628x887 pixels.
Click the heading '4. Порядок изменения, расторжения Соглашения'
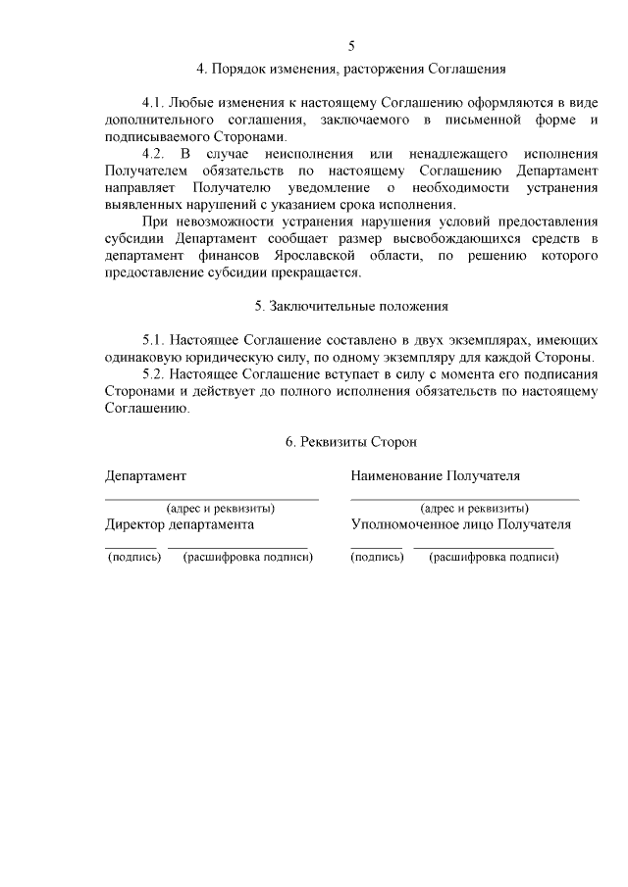click(x=351, y=70)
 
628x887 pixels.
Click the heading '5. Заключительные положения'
click(x=351, y=306)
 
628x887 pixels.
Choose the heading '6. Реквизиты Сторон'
click(x=351, y=442)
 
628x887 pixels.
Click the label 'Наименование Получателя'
click(x=436, y=476)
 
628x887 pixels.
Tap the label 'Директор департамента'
click(x=180, y=525)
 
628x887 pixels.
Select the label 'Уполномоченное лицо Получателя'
click(x=461, y=525)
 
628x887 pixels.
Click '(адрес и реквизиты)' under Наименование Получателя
click(x=475, y=509)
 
